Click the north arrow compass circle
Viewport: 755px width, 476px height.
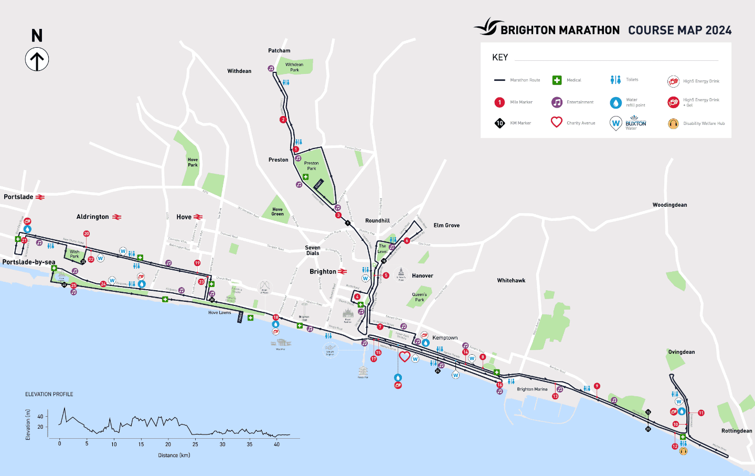[x=37, y=59]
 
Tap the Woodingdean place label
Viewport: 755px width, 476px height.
[x=669, y=205]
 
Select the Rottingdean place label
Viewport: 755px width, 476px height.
[x=736, y=431]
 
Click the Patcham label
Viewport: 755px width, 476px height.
[x=279, y=51]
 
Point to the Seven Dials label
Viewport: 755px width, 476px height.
[x=313, y=250]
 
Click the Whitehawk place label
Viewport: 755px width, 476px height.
[x=511, y=281]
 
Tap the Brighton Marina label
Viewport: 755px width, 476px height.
[x=532, y=389]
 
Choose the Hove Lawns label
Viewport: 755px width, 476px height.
[x=219, y=313]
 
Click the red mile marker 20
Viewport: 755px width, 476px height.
[x=87, y=234]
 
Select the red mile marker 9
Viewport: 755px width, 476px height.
[x=597, y=386]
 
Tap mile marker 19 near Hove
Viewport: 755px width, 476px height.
[x=197, y=263]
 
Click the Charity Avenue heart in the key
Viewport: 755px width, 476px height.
[x=557, y=122]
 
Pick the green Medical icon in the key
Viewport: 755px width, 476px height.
[x=557, y=80]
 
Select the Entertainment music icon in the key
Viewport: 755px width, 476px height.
[x=557, y=102]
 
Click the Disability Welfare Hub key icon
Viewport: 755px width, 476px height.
[x=673, y=124]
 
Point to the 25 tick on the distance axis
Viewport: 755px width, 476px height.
[x=195, y=444]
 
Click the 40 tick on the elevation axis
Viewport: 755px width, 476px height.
[x=40, y=417]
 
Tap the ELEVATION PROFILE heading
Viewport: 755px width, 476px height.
[x=49, y=394]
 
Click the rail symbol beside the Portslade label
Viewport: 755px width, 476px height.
[x=40, y=197]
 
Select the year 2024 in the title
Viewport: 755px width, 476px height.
[x=718, y=30]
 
